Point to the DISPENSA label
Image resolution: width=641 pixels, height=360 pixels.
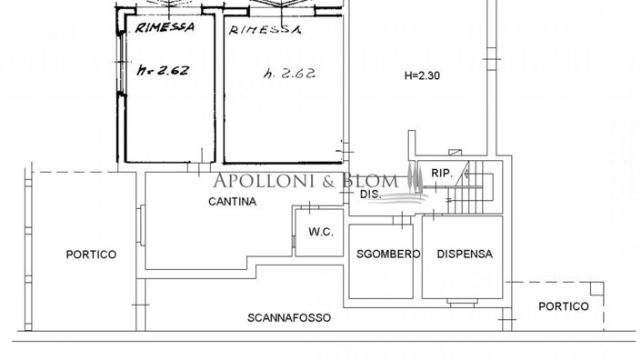pos(464,255)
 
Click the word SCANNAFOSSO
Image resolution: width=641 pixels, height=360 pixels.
pos(289,318)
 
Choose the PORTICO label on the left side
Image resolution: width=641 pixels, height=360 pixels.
pos(91,255)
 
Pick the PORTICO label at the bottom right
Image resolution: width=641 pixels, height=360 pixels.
pos(563,306)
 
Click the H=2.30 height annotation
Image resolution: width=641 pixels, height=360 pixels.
pos(421,76)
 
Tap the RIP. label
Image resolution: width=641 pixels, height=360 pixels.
pos(442,173)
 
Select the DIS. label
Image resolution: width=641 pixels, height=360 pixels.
pos(369,195)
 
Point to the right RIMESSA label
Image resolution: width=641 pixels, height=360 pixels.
pos(265,30)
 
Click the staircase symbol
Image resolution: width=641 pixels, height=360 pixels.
pos(472,186)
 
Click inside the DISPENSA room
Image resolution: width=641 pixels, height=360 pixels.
pos(462,273)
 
